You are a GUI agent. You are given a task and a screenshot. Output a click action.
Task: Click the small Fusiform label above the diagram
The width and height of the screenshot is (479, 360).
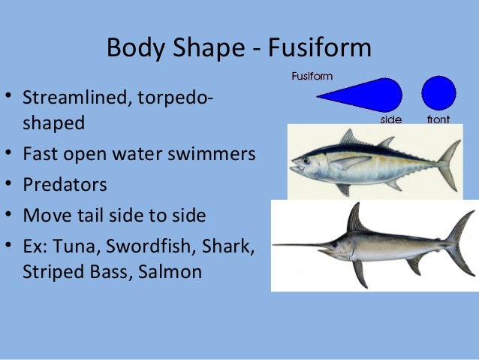(312, 76)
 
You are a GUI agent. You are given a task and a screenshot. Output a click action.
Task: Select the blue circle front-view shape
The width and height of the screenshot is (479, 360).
(438, 93)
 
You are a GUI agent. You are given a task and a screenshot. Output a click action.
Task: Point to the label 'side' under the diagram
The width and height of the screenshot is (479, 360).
(391, 119)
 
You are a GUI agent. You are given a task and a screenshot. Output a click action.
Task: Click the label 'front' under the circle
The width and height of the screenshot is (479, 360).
(438, 119)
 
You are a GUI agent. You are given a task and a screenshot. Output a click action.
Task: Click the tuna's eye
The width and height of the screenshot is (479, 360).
(309, 159)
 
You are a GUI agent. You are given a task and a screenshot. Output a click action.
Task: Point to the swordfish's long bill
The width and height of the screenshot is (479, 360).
(300, 245)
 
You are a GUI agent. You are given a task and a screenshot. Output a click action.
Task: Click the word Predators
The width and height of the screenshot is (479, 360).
(65, 185)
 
